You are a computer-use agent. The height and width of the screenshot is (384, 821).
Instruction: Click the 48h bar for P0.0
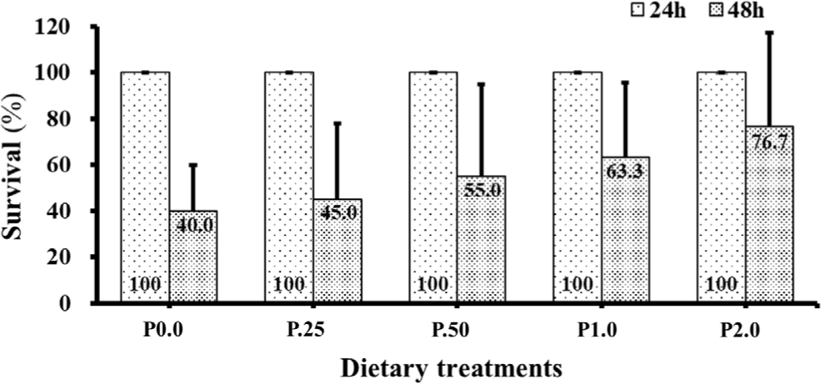click(x=193, y=258)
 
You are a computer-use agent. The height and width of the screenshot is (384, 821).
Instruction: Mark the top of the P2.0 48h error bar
click(x=770, y=32)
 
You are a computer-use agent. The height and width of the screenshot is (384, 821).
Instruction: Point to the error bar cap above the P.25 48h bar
click(x=338, y=123)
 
